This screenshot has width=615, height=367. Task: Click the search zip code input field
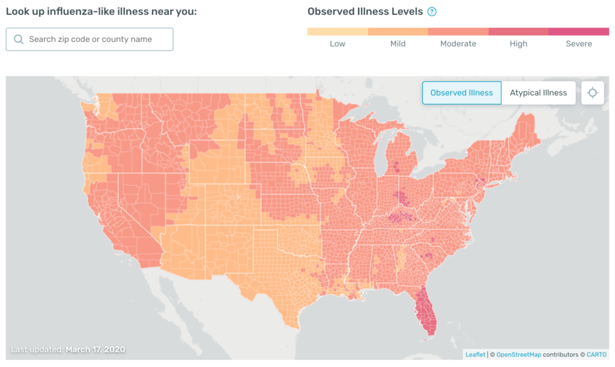90,39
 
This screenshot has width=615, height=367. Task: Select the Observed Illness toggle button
461,93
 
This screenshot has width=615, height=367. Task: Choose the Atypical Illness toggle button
538,93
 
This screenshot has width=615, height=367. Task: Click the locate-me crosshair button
593,93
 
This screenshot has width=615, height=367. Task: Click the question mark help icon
432,11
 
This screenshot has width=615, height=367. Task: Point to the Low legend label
338,44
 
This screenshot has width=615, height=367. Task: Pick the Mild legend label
398,44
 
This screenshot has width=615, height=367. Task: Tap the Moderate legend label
458,44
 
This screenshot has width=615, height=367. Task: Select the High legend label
518,44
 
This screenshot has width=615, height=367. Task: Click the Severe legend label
579,44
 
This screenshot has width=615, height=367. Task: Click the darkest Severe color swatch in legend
579,31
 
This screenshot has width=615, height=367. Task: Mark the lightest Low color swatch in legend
338,31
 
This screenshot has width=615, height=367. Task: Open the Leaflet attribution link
476,354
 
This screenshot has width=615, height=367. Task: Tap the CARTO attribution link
597,354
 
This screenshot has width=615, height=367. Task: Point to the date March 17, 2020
95,349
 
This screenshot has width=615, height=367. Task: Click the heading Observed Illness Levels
365,11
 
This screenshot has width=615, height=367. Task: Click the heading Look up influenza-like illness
101,11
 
